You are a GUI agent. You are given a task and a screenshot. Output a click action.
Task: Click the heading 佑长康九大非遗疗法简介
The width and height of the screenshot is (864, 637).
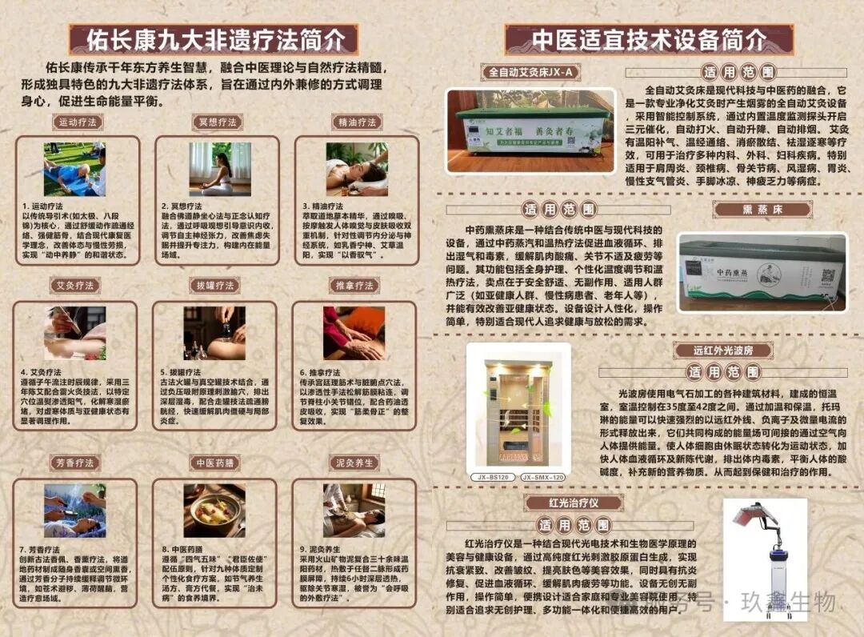click(213, 39)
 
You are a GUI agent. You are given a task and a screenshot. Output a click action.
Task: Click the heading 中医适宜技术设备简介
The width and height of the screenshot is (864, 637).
click(649, 39)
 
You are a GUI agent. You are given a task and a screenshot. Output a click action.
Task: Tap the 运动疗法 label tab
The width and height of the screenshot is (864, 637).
click(78, 122)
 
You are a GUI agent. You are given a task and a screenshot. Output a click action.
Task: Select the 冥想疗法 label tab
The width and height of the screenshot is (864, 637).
click(218, 122)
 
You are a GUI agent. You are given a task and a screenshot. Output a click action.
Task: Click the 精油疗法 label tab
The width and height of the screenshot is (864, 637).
click(356, 122)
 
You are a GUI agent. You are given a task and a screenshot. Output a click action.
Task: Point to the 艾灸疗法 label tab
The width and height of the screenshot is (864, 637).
click(74, 286)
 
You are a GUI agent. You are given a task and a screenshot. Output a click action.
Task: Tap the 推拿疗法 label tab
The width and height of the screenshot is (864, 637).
click(354, 286)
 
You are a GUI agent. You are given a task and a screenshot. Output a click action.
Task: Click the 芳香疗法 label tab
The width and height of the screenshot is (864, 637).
click(74, 463)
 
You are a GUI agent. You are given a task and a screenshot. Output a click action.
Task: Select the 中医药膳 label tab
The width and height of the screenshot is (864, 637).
click(214, 463)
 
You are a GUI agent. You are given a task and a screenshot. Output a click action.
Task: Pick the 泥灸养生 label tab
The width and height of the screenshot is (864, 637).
click(354, 463)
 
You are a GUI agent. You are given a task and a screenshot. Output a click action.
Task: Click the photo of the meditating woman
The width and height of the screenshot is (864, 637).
click(220, 169)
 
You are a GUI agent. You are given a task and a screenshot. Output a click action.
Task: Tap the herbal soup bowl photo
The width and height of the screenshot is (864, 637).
click(214, 510)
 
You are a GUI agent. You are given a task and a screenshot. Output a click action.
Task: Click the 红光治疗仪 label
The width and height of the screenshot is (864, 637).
click(574, 503)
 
